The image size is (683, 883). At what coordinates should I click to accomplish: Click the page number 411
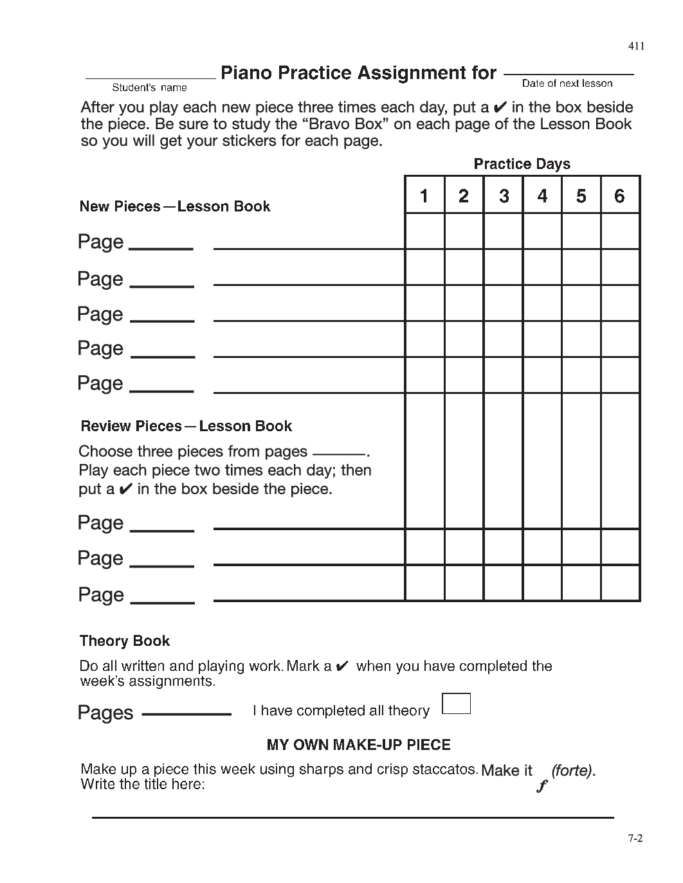coord(636,46)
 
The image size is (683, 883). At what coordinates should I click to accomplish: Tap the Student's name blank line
coord(150,78)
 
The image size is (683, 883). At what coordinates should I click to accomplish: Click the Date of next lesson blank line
coord(569,75)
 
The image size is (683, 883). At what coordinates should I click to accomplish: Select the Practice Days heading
coord(522,164)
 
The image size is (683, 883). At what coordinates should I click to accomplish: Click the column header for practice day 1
coord(424,195)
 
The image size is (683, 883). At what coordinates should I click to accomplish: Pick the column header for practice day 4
coord(542,195)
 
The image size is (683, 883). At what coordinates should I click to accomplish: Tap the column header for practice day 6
coord(620,195)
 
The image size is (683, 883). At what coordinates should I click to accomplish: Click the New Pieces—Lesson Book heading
coord(175,206)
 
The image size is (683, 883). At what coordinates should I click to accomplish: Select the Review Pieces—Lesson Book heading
coord(187,426)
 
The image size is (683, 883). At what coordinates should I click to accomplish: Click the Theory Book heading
coord(125,641)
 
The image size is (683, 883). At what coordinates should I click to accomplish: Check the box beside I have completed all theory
coord(457,704)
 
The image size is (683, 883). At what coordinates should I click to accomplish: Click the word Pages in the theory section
coord(105,713)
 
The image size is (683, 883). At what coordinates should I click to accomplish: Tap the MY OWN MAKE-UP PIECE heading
coord(358,745)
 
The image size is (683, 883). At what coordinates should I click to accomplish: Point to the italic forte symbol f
coord(542,785)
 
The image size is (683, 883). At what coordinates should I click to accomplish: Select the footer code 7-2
coord(635,837)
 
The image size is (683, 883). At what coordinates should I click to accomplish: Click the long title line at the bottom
coord(352,817)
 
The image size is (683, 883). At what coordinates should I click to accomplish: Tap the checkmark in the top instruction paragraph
coord(499,107)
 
